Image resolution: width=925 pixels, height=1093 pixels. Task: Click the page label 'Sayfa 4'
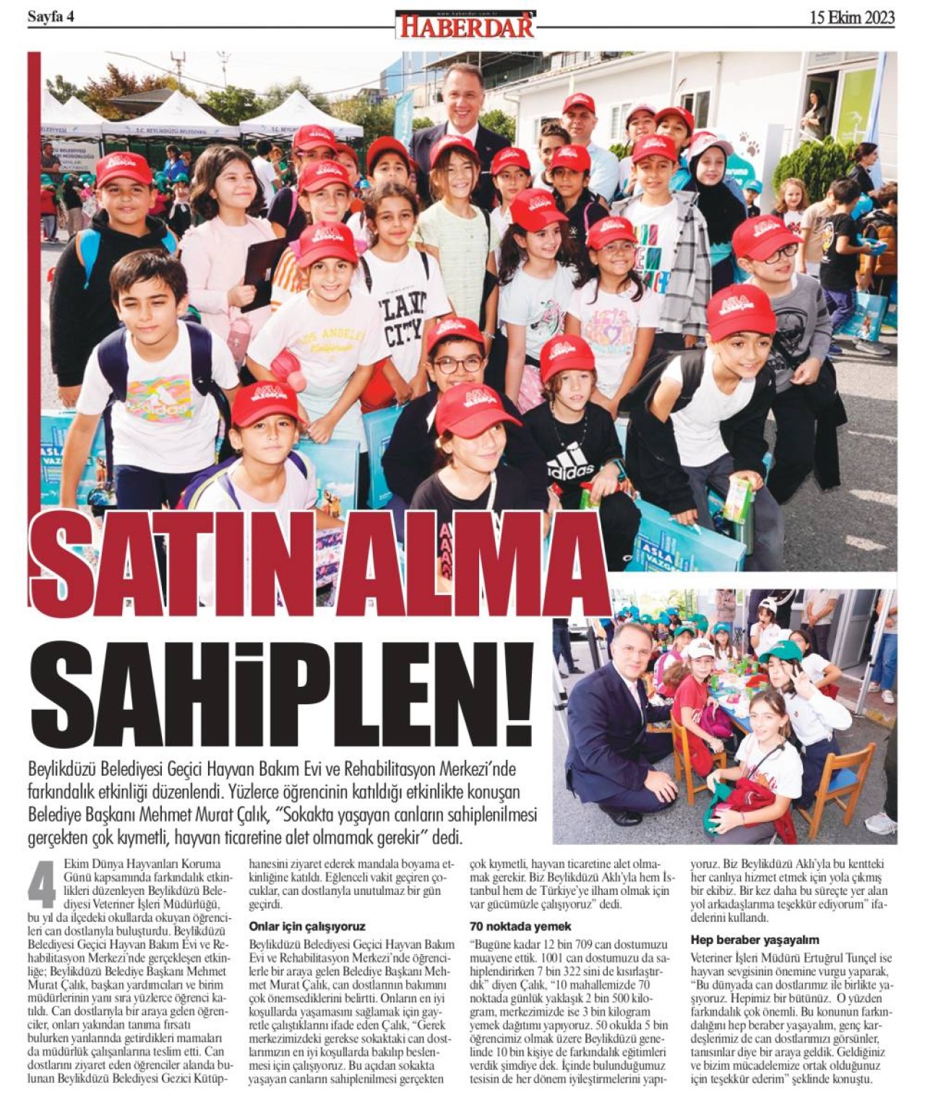51,17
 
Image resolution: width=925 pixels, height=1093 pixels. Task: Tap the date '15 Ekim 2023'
852,17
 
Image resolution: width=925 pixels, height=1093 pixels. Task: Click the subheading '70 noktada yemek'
520,926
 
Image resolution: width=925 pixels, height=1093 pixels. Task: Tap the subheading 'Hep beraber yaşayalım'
754,940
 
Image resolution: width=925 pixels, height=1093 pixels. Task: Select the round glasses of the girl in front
457,366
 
